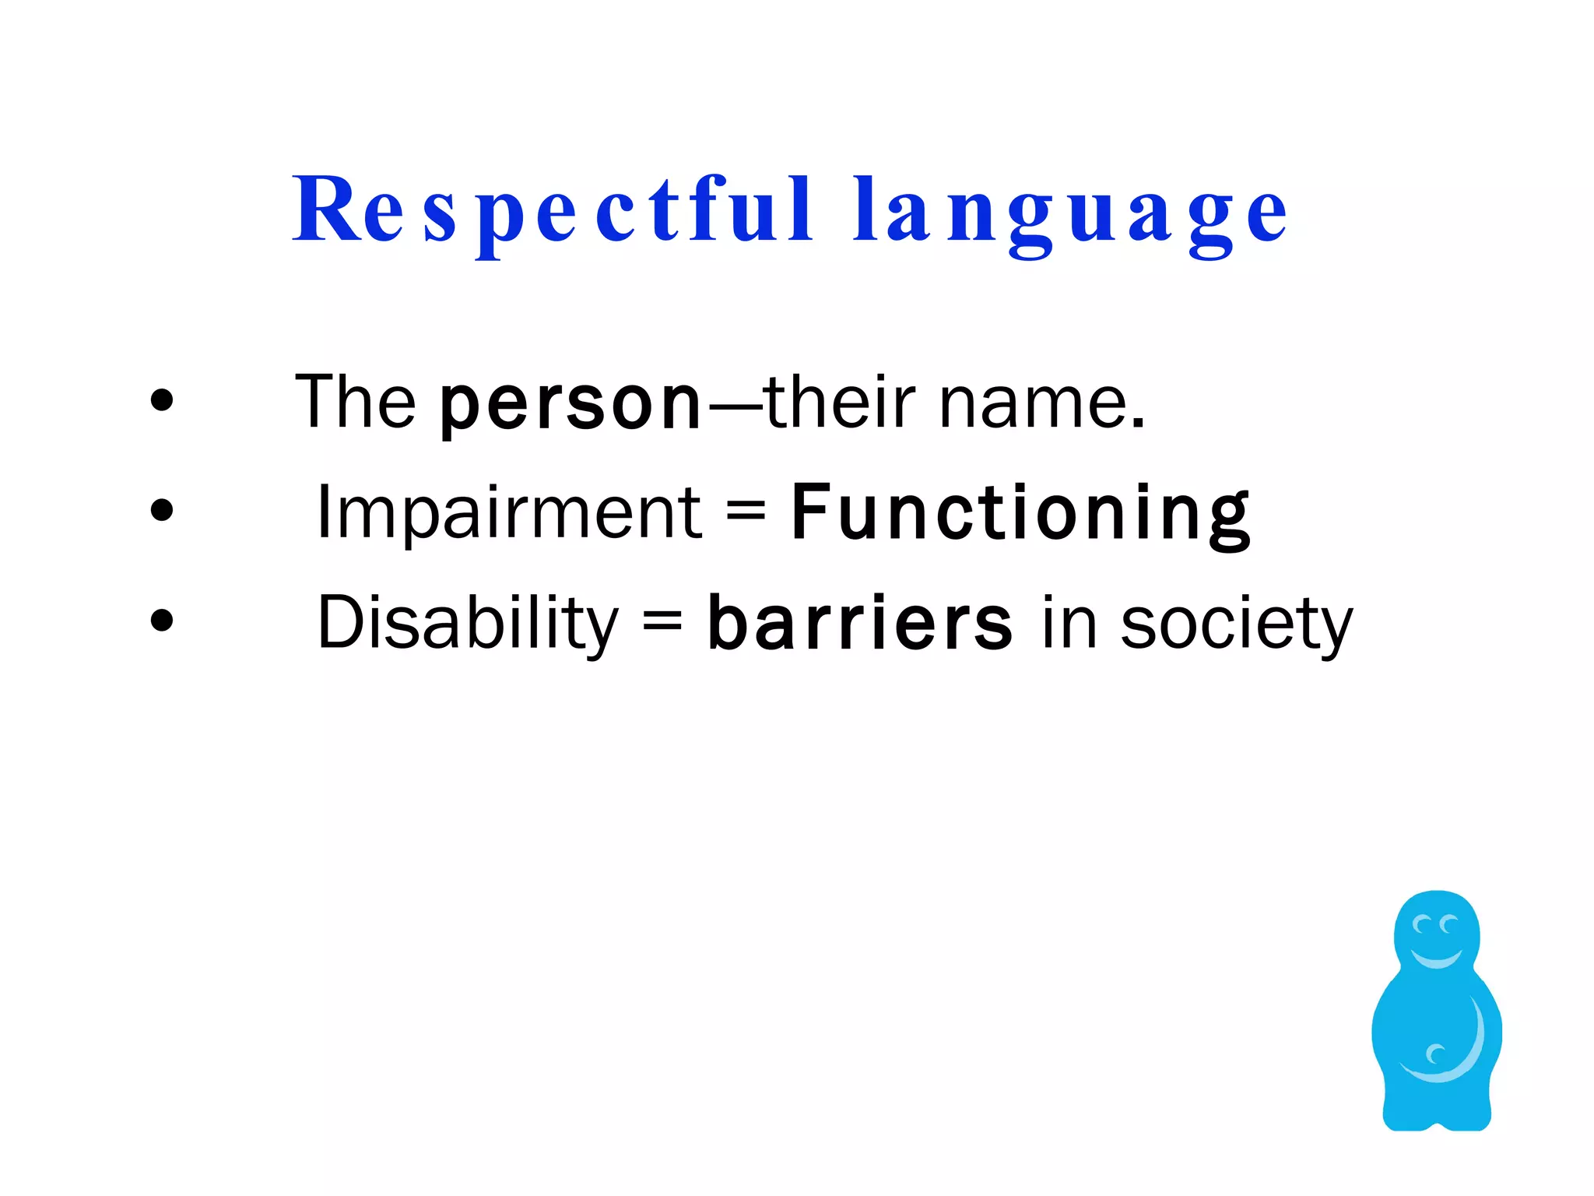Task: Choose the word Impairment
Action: click(x=510, y=512)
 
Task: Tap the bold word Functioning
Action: click(x=1020, y=513)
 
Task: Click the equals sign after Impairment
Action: click(x=746, y=512)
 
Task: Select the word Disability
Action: click(x=468, y=623)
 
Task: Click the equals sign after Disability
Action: click(x=662, y=623)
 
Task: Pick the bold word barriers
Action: click(x=860, y=623)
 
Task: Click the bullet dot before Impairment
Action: click(x=162, y=511)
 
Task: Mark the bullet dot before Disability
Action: click(x=162, y=621)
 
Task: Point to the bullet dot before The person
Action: click(x=162, y=400)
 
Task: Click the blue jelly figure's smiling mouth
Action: click(x=1437, y=958)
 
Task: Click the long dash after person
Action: click(x=733, y=406)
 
